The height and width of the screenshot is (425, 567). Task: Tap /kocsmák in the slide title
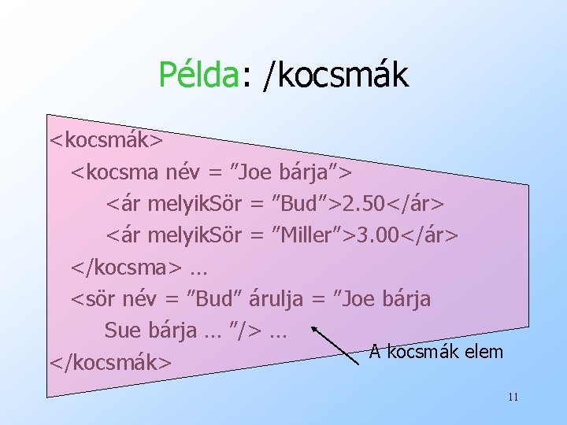tap(336, 75)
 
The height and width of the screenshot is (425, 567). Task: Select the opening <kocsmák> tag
tap(106, 140)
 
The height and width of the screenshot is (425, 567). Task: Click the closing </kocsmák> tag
tap(110, 362)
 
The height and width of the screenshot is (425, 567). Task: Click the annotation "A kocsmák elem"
tap(435, 351)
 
